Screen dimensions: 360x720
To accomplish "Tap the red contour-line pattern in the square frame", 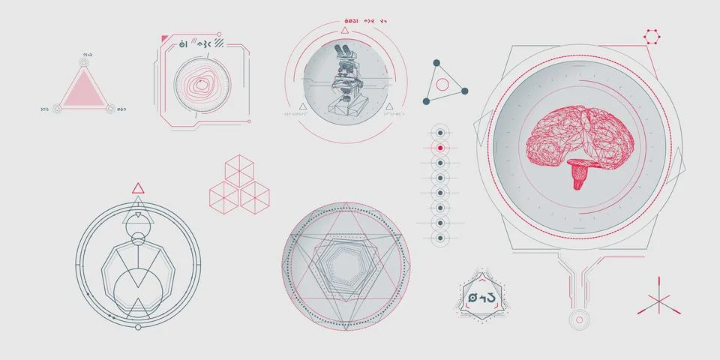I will pos(199,84).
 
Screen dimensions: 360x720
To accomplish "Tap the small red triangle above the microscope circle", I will pos(344,31).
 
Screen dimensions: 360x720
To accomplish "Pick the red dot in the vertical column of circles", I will pos(440,148).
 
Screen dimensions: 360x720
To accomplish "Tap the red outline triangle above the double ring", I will pos(138,187).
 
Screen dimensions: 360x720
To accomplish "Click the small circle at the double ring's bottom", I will pos(138,328).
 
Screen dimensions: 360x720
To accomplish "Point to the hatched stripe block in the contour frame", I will pos(219,43).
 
